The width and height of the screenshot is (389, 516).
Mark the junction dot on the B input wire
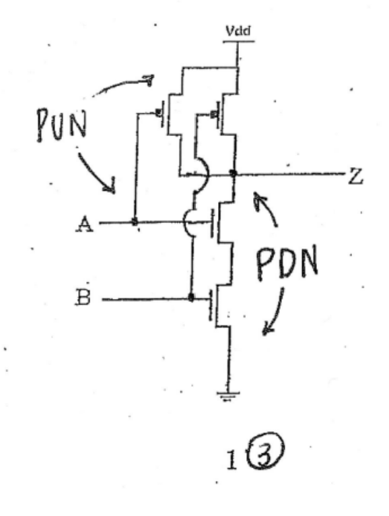point(192,297)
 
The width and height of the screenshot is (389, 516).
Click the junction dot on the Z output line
point(234,174)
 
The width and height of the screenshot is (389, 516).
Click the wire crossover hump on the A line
point(191,223)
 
